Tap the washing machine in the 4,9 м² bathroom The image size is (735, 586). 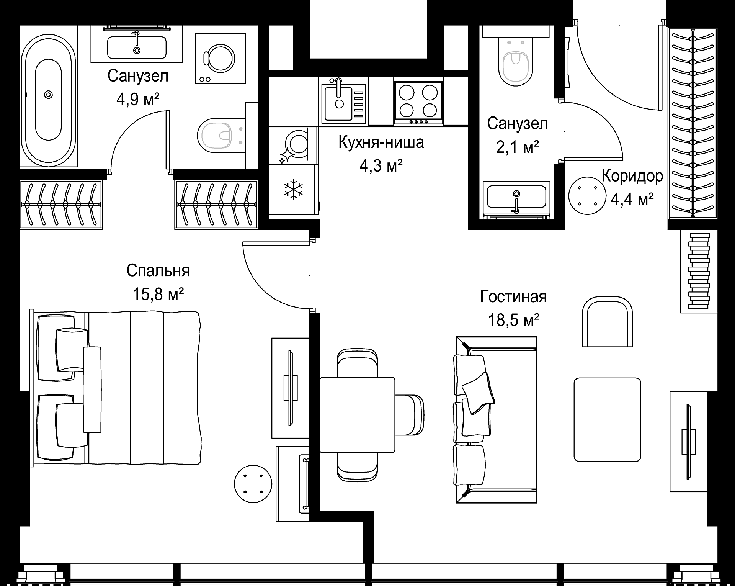220,58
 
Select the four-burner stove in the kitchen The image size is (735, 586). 418,103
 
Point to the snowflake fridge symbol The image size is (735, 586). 293,190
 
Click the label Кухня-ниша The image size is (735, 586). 381,142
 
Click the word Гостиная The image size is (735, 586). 513,296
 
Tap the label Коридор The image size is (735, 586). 632,176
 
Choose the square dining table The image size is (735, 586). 357,415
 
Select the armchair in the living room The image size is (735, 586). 607,322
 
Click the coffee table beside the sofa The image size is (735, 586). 607,419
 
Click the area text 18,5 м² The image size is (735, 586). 513,319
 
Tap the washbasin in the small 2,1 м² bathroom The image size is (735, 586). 516,197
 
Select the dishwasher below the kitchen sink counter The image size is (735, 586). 293,146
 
